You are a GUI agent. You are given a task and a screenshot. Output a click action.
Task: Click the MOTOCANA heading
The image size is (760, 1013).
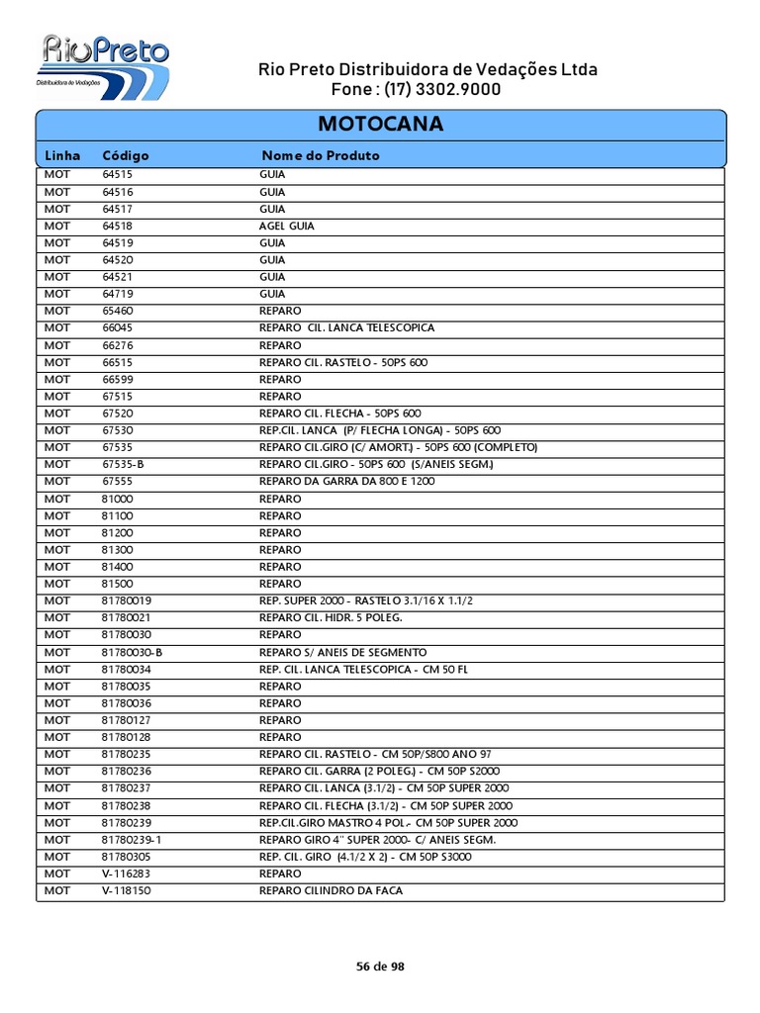pyautogui.click(x=380, y=125)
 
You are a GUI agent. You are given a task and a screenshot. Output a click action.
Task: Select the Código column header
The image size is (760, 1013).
pyautogui.click(x=126, y=155)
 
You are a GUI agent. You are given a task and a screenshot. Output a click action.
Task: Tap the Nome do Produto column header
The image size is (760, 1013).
pyautogui.click(x=320, y=155)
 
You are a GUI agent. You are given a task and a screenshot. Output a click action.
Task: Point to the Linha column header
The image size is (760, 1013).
pyautogui.click(x=61, y=155)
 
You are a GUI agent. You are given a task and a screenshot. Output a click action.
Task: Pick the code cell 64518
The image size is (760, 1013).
pyautogui.click(x=117, y=226)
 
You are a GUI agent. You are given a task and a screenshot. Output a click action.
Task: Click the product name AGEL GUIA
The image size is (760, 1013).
pyautogui.click(x=287, y=226)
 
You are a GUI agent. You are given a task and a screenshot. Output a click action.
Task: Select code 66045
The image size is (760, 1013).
pyautogui.click(x=117, y=327)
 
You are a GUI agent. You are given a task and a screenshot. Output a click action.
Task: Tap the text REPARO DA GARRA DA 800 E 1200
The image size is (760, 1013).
pyautogui.click(x=347, y=481)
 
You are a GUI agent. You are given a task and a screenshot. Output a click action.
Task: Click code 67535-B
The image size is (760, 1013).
pyautogui.click(x=123, y=464)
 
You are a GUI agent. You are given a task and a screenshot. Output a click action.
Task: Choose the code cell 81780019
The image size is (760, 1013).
pyautogui.click(x=127, y=600)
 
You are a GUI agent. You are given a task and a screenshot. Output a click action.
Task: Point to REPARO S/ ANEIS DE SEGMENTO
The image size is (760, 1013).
pyautogui.click(x=343, y=652)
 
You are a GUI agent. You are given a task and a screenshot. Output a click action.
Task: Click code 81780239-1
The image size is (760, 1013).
pyautogui.click(x=131, y=839)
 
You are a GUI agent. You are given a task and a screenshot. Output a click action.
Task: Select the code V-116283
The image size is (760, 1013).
pyautogui.click(x=127, y=874)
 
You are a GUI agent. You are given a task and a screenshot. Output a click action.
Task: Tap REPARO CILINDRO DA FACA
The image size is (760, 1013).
pyautogui.click(x=332, y=890)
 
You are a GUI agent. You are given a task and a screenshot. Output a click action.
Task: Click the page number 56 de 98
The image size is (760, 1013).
pyautogui.click(x=380, y=967)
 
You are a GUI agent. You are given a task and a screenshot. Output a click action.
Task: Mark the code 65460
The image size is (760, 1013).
pyautogui.click(x=117, y=311)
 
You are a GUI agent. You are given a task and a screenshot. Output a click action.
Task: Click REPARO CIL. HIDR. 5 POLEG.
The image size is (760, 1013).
pyautogui.click(x=332, y=617)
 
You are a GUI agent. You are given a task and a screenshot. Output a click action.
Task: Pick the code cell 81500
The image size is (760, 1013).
pyautogui.click(x=117, y=584)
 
